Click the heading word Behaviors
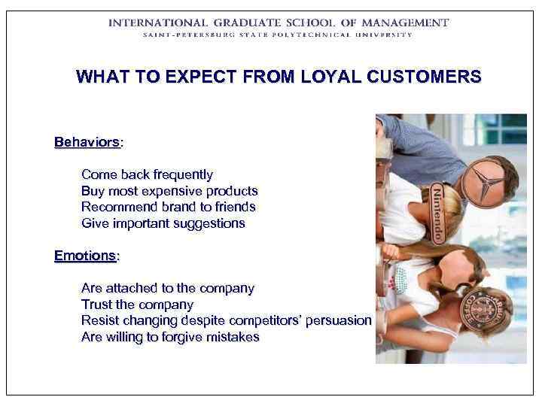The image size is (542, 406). click(x=87, y=142)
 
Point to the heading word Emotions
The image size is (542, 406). click(x=85, y=256)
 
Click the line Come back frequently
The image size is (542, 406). click(x=147, y=174)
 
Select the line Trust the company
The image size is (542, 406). click(x=137, y=304)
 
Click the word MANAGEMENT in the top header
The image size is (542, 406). click(x=403, y=23)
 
